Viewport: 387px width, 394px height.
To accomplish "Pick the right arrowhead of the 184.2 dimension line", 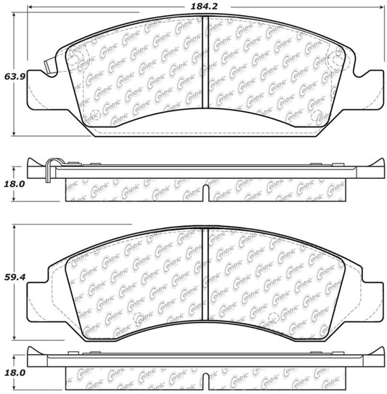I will [383, 7].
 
